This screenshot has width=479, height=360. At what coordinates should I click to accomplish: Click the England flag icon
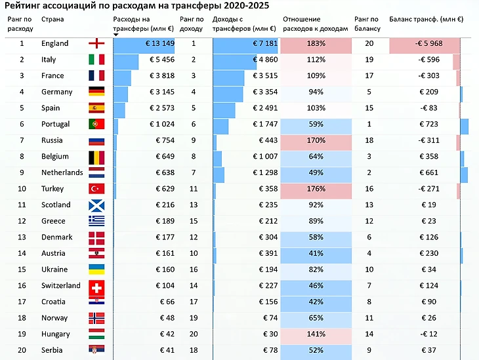click(x=96, y=44)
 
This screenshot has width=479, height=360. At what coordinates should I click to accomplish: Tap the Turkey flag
click(x=96, y=189)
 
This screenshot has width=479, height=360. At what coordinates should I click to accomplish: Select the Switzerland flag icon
click(x=96, y=286)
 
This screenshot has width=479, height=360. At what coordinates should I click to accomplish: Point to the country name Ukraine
click(x=54, y=270)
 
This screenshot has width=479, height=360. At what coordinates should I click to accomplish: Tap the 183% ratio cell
click(x=316, y=44)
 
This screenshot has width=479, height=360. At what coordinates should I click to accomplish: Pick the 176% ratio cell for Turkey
click(x=316, y=189)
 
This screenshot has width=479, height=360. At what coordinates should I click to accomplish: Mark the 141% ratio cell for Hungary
click(x=316, y=334)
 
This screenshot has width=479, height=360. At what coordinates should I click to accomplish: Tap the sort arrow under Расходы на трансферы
click(x=116, y=34)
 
